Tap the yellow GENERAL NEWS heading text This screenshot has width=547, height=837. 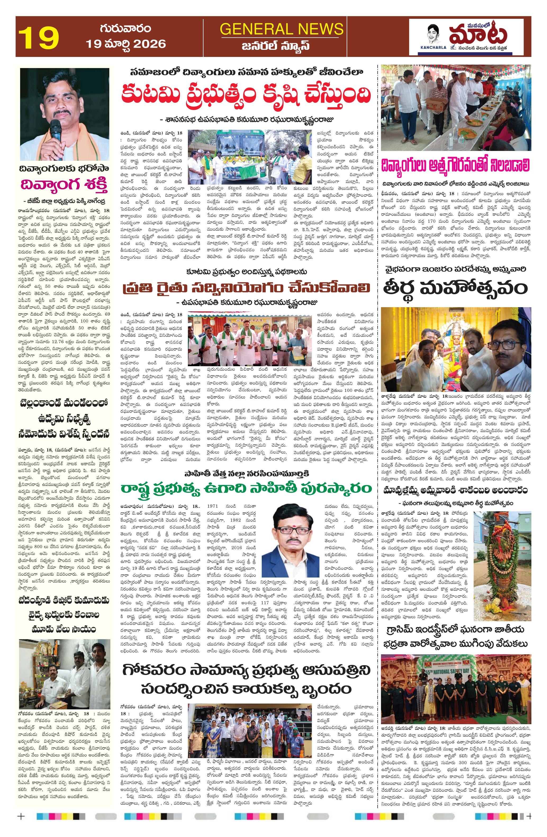(x=281, y=29)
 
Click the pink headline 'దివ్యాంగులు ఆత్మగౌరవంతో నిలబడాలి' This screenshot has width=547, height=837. (x=456, y=165)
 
